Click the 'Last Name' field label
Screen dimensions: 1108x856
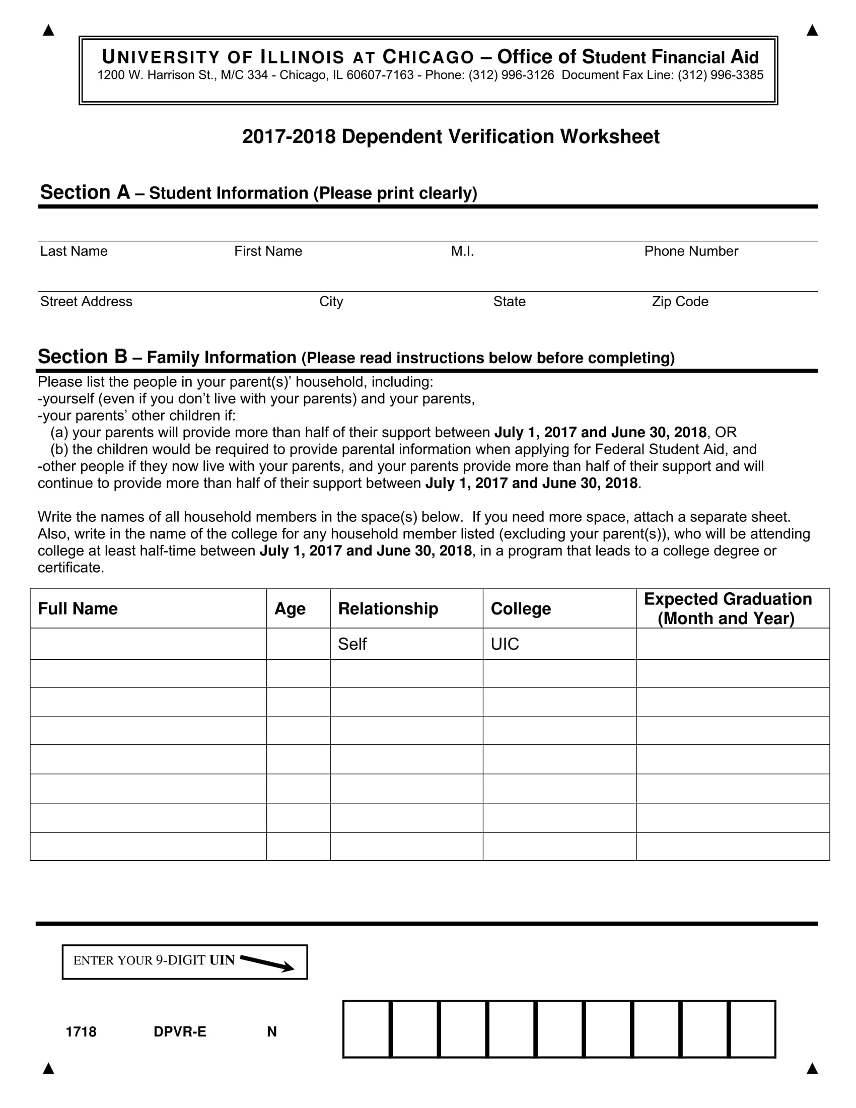tap(74, 251)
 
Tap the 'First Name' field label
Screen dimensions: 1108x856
tap(268, 251)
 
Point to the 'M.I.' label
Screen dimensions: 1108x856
tap(462, 251)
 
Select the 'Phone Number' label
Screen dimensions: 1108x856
tap(691, 251)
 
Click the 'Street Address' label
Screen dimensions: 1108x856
tap(86, 301)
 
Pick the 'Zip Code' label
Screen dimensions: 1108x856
tap(680, 301)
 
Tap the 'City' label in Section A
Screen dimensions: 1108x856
tap(331, 301)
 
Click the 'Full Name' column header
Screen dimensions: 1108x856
tap(78, 608)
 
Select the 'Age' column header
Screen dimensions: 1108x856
tap(290, 608)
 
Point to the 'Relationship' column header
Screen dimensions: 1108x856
tap(388, 608)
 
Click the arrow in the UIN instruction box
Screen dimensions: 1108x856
tap(267, 963)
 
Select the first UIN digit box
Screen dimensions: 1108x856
tap(367, 1029)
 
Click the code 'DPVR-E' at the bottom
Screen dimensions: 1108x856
tap(180, 1031)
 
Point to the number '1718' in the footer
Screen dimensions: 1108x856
tap(81, 1031)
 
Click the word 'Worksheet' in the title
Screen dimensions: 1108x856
tap(610, 136)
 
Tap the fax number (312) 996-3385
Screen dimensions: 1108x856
tap(720, 75)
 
